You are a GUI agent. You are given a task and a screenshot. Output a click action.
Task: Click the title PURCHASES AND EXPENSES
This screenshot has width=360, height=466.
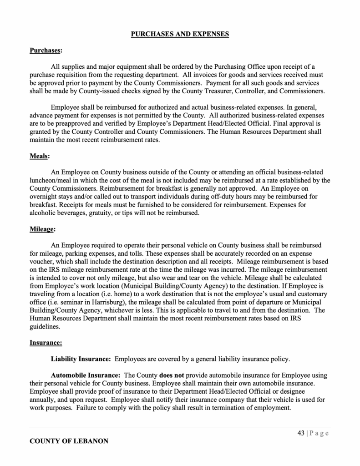(x=180, y=34)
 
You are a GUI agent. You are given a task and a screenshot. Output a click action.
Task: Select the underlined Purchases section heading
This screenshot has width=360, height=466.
(x=46, y=51)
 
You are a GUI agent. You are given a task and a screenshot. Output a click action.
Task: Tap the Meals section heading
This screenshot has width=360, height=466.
(x=39, y=156)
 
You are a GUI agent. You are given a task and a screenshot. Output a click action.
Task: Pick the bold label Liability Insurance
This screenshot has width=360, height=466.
(x=81, y=359)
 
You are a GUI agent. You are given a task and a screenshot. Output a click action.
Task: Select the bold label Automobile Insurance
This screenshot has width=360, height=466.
(x=86, y=375)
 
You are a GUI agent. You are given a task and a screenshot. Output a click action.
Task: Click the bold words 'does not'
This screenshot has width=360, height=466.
(x=172, y=375)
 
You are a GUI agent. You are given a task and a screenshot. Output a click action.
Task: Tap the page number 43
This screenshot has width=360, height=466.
(x=301, y=433)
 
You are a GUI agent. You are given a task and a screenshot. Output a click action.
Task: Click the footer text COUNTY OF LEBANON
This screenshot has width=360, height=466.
(x=69, y=441)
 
